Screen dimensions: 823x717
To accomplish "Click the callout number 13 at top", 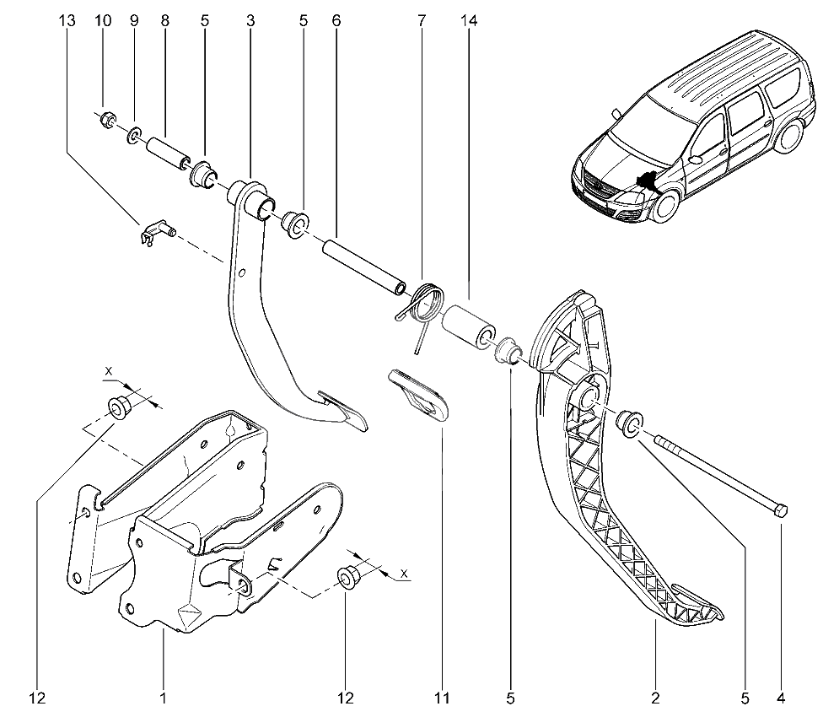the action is coord(67,21).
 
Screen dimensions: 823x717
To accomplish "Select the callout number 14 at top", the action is coord(469,21).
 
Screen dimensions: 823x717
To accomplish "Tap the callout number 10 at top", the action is coord(104,21).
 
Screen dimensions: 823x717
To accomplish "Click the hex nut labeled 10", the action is coord(108,121).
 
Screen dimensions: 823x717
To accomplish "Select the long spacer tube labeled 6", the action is coord(363,267).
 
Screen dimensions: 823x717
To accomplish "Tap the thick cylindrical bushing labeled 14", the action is coord(469,326).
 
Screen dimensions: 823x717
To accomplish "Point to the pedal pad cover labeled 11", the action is coord(419,395).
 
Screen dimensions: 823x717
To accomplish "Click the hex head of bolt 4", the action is coord(781,510).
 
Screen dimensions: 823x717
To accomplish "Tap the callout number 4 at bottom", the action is coord(781,698).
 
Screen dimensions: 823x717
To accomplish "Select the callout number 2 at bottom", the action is coord(655,698).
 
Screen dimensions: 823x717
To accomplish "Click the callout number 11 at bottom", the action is coord(442,698).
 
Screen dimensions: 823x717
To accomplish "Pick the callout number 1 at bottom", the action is coord(164,698).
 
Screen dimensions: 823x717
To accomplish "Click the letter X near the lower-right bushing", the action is coord(404,574).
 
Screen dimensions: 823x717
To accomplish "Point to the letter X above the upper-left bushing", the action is coord(109,371).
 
